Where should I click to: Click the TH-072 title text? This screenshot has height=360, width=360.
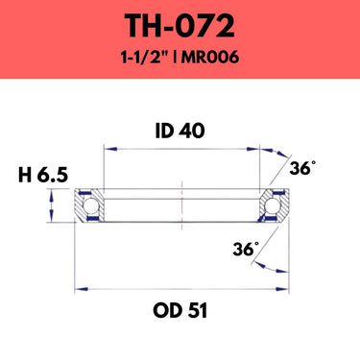pos(180,27)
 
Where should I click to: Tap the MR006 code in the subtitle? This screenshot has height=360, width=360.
pos(210,58)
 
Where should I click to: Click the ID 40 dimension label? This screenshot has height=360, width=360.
pos(180,131)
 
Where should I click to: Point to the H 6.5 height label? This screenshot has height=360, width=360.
pos(43,175)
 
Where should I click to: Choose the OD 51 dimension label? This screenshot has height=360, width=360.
pos(180,310)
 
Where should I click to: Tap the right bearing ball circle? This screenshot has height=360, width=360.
pos(273,205)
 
